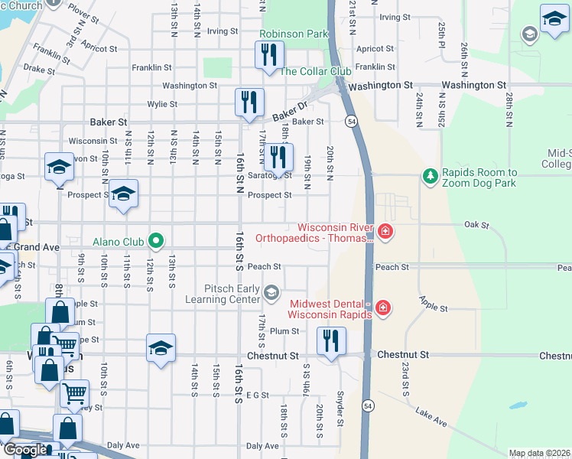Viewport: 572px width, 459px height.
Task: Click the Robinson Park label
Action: (294, 34)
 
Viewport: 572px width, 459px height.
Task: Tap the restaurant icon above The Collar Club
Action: (269, 54)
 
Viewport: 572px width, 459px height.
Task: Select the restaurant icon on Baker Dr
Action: (249, 102)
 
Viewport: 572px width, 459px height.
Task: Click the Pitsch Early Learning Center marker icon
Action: (271, 293)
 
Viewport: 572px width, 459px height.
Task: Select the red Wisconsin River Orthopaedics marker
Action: (384, 231)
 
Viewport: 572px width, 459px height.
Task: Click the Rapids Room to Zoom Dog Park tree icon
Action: (431, 177)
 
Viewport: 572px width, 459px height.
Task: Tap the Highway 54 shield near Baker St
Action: (350, 121)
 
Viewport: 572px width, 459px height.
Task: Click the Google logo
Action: (24, 450)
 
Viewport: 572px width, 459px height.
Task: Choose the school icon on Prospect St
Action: (123, 193)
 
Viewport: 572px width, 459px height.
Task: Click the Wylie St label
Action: (162, 104)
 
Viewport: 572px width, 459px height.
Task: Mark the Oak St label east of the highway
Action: (476, 224)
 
